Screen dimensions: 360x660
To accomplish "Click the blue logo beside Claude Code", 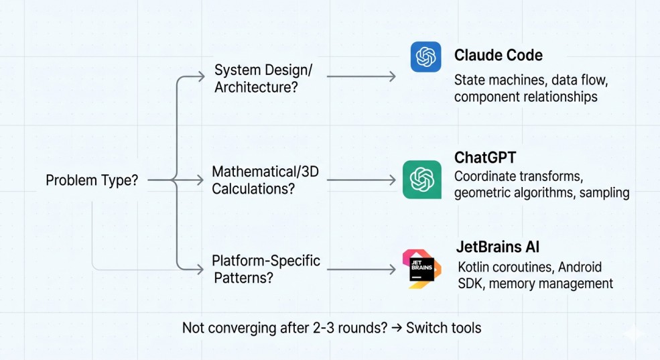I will tap(426, 56).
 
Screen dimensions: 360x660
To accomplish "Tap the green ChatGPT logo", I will tap(422, 180).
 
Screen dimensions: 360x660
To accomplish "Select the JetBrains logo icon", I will tap(421, 269).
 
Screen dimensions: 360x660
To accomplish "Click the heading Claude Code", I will tap(499, 55).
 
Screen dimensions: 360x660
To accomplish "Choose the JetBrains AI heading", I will tap(499, 246).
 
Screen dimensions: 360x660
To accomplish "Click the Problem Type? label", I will tap(92, 180).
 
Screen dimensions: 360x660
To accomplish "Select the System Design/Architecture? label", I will tap(263, 78).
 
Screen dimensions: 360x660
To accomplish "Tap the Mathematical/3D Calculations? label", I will tap(265, 180).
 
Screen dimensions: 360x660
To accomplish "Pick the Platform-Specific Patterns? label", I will tap(266, 268).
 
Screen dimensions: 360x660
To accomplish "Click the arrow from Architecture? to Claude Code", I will tap(361, 76).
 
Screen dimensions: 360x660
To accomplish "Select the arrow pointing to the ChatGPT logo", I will tap(361, 180).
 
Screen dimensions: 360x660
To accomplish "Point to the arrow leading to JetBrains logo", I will tap(361, 269).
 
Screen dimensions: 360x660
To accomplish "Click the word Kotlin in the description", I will tap(475, 267).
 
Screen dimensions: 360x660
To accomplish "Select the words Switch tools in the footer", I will tap(444, 328).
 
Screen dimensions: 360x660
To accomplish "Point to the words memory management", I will tap(551, 284).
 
